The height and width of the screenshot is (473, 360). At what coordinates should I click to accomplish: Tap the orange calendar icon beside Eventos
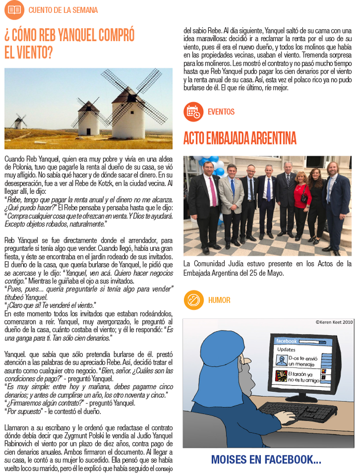click(x=193, y=112)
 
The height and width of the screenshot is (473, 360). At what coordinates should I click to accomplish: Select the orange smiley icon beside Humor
click(x=193, y=300)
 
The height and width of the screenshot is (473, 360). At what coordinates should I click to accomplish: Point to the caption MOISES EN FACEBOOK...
click(x=266, y=459)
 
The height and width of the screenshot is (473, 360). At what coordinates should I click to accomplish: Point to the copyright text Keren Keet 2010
click(x=334, y=322)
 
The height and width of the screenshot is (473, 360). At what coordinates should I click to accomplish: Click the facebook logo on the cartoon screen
click(x=287, y=341)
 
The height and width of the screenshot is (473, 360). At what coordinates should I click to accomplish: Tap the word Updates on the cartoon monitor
click(x=286, y=350)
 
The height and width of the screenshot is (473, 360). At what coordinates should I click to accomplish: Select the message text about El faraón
click(x=303, y=377)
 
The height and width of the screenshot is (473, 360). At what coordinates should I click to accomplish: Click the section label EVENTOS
click(x=221, y=112)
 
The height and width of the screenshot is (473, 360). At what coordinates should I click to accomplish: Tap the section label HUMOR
click(x=219, y=300)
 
